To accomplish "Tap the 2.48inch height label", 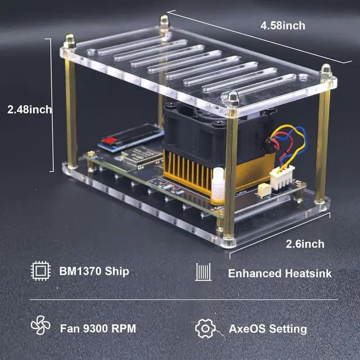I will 29,109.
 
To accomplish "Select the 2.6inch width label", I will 304,244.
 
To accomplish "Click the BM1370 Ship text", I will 94,271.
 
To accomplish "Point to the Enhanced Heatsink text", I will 280,273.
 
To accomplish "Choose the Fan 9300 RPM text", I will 97,328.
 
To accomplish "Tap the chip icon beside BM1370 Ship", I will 40,271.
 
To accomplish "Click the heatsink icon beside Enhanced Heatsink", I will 203,273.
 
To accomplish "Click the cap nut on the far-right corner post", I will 326,72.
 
